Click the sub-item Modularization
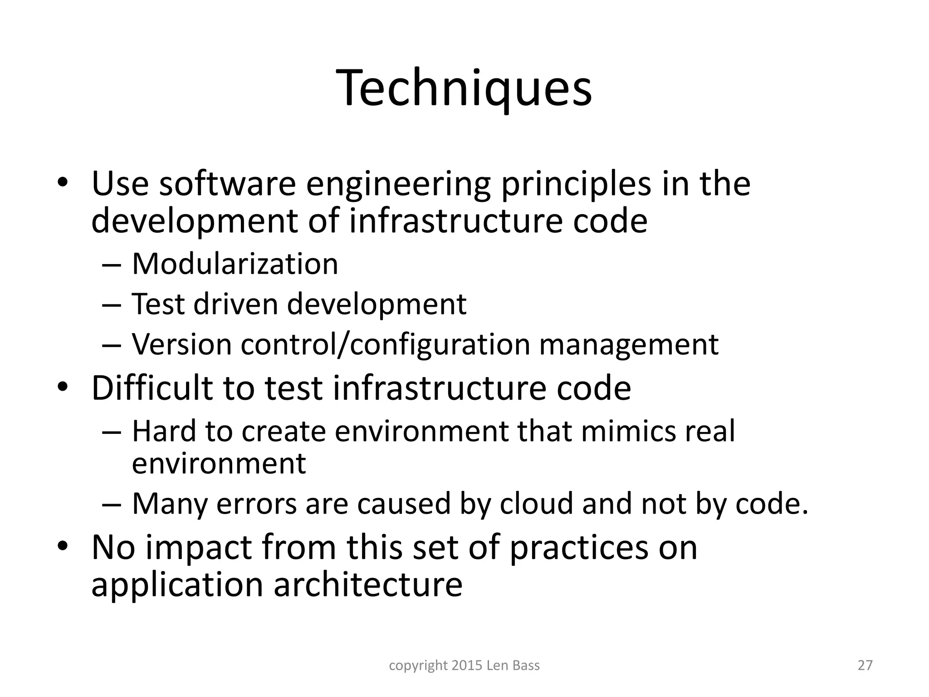[x=235, y=264]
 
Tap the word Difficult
[x=152, y=388]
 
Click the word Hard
[x=164, y=431]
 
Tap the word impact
[x=199, y=547]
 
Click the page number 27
[x=865, y=665]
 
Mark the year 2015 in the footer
[x=467, y=665]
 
